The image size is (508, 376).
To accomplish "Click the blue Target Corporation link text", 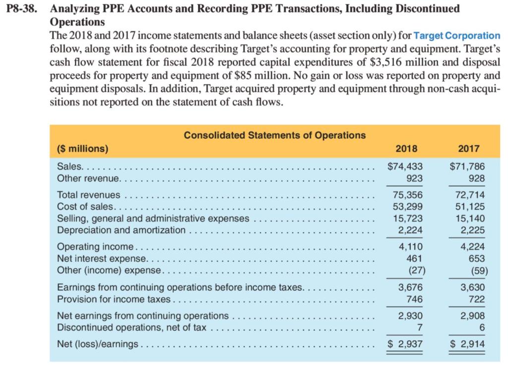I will coord(456,36).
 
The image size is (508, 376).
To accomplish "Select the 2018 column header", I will coord(407,148).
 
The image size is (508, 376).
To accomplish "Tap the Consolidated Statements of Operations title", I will coord(274,135).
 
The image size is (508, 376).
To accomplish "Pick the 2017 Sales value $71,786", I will coord(467,166).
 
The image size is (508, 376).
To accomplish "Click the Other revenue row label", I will coord(88,178).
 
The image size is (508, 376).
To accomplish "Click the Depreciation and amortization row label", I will coord(122,230).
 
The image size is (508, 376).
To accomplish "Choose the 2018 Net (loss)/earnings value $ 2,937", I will coord(404,344).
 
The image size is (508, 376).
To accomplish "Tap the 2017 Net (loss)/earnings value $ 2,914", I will coord(467,344).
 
